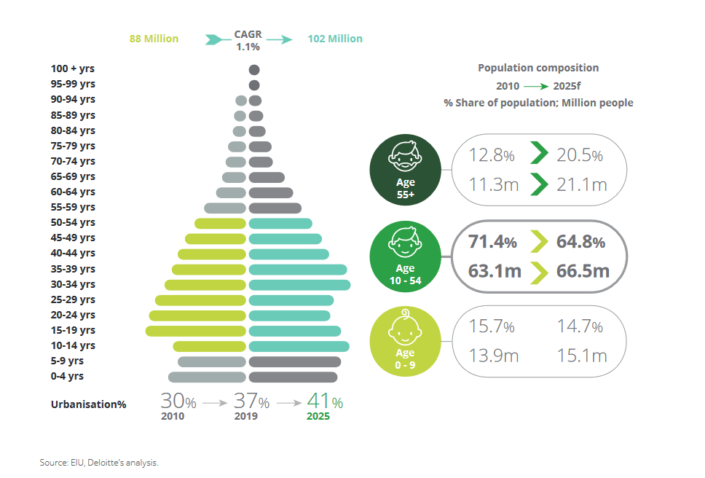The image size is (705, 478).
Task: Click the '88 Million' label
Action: tap(154, 39)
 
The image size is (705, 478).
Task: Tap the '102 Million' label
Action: tap(335, 39)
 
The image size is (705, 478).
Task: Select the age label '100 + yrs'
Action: tap(73, 68)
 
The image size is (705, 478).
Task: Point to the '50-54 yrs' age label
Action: tap(73, 222)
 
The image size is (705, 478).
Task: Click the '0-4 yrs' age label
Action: tap(67, 376)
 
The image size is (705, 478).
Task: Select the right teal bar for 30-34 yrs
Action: tap(299, 284)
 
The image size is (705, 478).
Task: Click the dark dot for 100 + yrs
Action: tap(254, 70)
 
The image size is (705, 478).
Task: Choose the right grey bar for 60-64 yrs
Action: tap(271, 192)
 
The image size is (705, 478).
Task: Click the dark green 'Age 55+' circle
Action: tap(405, 168)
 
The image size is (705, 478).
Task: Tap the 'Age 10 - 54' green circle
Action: tap(405, 256)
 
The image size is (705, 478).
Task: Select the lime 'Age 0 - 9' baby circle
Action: tap(405, 341)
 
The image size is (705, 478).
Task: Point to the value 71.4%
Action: tap(492, 242)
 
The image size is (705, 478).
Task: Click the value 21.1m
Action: tap(579, 185)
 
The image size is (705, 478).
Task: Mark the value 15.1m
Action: tap(579, 356)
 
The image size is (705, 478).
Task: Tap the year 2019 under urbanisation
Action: tap(245, 417)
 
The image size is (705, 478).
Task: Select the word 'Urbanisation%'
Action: tap(88, 404)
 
